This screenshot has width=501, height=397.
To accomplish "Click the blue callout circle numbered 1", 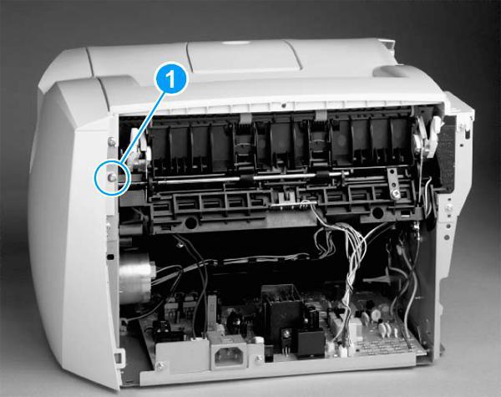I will pyautogui.click(x=170, y=81).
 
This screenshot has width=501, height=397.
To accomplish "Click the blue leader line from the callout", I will pyautogui.click(x=139, y=129).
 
